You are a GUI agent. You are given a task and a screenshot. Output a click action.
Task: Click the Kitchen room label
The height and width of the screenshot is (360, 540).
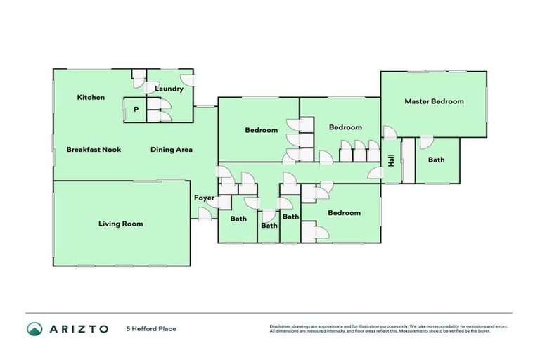(91, 97)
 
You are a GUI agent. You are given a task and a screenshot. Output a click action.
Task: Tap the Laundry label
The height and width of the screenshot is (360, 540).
(169, 89)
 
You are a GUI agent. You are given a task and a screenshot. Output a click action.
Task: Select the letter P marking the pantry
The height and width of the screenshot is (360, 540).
(136, 110)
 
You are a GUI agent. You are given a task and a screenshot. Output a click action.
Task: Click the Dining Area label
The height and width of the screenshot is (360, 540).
(172, 149)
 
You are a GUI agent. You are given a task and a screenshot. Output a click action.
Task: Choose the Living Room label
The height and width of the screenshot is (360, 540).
(120, 224)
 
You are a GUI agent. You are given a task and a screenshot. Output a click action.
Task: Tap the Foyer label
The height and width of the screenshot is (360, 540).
(204, 198)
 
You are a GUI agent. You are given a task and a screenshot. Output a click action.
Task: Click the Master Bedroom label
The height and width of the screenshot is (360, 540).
(434, 101)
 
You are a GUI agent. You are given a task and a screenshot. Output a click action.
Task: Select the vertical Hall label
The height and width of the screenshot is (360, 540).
(392, 161)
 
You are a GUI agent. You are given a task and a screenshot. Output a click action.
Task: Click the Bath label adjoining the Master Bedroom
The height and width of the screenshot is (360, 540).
(436, 160)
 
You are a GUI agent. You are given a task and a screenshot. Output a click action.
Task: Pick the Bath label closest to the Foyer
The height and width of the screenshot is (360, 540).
(239, 219)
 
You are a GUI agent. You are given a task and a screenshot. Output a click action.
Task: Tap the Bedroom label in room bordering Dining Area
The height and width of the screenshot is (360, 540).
(262, 130)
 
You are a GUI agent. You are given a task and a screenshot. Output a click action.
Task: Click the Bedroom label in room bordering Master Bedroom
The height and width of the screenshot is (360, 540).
(345, 127)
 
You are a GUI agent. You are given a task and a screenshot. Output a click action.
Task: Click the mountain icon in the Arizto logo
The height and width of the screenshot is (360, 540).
(34, 328)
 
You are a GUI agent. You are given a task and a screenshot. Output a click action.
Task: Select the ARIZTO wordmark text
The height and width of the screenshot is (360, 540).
(79, 328)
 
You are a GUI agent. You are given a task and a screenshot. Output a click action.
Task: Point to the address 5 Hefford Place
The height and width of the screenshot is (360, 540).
(151, 328)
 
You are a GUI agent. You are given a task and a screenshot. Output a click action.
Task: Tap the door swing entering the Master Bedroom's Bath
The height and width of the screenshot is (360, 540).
(425, 143)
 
